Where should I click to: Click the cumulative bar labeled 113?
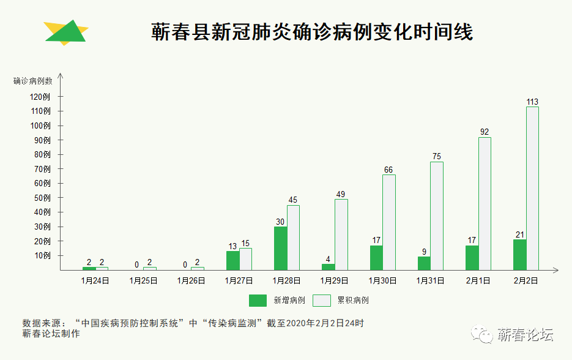tap(532, 188)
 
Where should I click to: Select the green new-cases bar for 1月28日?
tap(280, 248)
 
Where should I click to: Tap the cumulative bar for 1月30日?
tap(389, 222)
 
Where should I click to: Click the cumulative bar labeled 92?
tap(485, 203)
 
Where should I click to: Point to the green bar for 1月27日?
tap(232, 260)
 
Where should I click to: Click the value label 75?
tap(437, 157)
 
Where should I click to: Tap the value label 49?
tap(341, 195)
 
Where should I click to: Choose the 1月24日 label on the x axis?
tap(95, 281)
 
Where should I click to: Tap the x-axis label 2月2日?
tap(526, 281)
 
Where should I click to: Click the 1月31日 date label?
tap(430, 281)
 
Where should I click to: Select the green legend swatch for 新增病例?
tap(258, 301)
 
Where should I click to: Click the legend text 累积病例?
tap(353, 301)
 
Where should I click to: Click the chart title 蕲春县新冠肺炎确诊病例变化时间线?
tap(312, 32)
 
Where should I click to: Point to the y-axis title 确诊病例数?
tap(33, 81)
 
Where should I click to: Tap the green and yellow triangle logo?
tap(66, 31)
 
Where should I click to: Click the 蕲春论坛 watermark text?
tap(525, 335)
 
